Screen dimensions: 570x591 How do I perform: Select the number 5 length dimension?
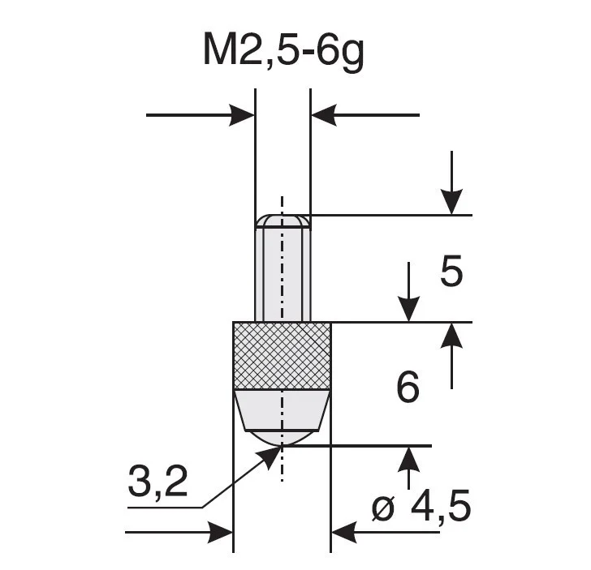point(451,273)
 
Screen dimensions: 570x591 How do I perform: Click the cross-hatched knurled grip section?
point(282,356)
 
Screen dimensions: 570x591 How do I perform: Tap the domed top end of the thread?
point(282,221)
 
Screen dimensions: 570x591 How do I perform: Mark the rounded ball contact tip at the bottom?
point(282,436)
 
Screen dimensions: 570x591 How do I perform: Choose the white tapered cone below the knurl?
point(282,409)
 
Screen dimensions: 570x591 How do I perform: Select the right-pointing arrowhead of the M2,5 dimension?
point(242,115)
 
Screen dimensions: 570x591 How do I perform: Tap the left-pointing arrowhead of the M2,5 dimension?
point(324,115)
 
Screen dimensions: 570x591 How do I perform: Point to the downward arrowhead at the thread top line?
point(451,202)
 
